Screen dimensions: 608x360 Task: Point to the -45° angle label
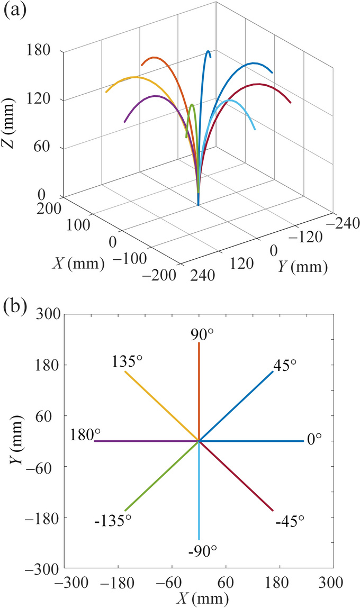coord(290,521)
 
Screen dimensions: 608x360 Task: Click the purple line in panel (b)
coord(143,441)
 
